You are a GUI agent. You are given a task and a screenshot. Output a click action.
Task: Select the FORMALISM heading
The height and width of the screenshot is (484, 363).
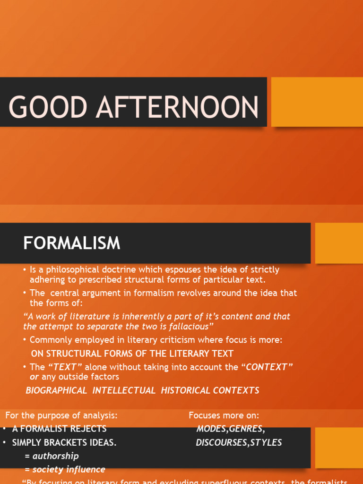tap(72, 243)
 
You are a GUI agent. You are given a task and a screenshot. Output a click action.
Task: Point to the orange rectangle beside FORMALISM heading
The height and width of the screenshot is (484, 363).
tap(338, 243)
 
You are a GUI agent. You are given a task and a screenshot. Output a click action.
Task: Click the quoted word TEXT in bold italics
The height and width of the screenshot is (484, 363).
tap(65, 367)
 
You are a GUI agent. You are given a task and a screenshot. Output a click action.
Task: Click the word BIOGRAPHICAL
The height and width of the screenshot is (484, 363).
tap(56, 390)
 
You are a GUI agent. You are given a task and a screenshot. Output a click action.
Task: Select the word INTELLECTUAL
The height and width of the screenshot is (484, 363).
tap(124, 390)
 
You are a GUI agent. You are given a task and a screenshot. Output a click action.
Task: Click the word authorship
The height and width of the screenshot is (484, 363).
tap(55, 456)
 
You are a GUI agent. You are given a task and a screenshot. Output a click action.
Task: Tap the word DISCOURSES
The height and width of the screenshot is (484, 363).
tap(219, 442)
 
